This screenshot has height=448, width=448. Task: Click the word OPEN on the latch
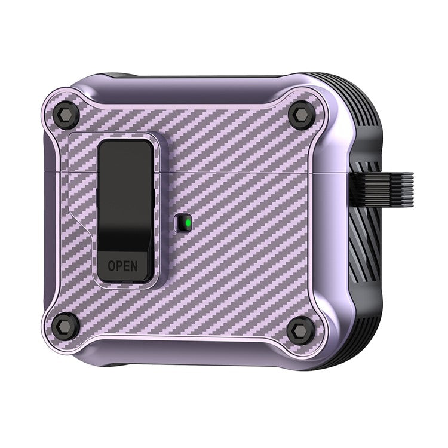point(123,265)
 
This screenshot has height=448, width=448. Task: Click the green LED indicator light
point(188,225)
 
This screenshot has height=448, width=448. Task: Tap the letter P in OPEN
point(119,265)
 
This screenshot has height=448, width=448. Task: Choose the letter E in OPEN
point(127,265)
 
